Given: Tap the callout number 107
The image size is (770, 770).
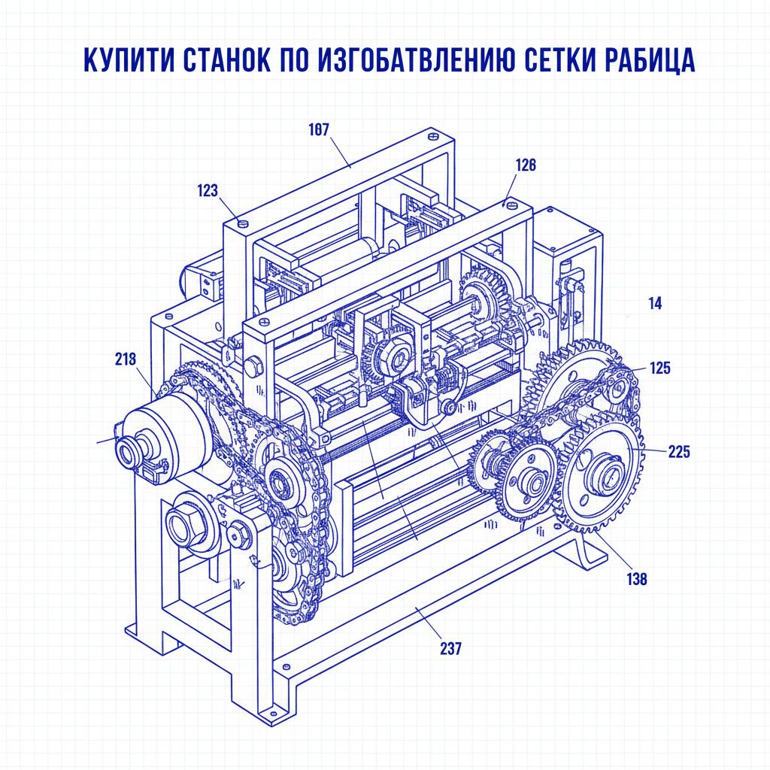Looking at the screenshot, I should point(319,129).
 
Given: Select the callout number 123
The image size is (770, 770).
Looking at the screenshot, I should point(208,191).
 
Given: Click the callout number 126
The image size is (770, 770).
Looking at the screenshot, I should point(526,165).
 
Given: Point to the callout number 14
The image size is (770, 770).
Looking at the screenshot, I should point(655,304).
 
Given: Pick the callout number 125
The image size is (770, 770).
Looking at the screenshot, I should point(660,368).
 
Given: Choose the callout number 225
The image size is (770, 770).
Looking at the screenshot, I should point(678,452).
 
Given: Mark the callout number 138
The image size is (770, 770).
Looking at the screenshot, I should point(636,579).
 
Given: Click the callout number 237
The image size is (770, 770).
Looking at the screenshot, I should point(451,648).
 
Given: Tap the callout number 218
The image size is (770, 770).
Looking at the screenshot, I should point(126,359).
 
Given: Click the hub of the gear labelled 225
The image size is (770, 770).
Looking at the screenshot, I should point(605,474).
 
